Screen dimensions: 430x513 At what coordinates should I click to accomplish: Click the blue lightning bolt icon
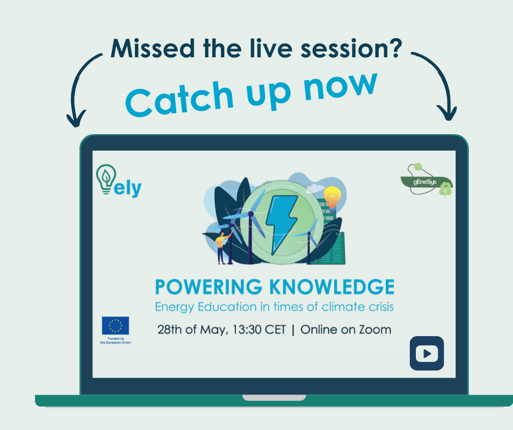[282, 219]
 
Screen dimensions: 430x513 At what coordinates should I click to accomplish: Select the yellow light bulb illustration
[332, 195]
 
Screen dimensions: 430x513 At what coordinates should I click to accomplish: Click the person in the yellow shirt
[220, 246]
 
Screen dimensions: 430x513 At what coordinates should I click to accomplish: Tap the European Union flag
[116, 325]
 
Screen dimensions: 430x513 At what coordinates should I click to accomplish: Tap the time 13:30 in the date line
[242, 330]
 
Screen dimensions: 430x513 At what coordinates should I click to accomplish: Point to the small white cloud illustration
[315, 188]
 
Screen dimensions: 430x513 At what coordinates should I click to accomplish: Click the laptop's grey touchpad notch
[274, 398]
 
